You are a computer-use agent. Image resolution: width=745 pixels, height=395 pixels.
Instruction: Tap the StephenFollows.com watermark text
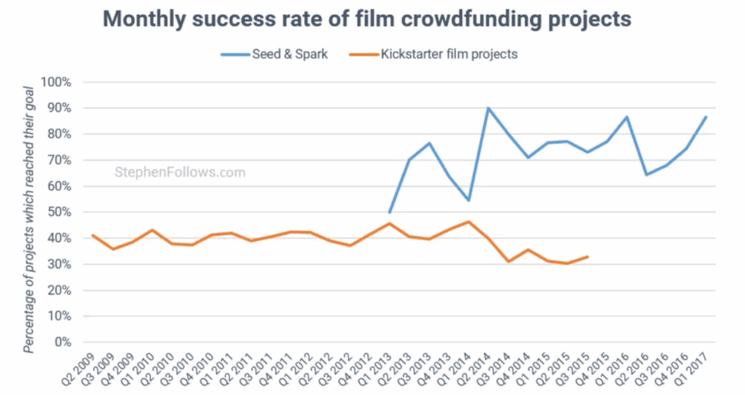pyautogui.click(x=180, y=172)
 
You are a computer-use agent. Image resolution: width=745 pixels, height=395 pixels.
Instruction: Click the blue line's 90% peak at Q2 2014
pyautogui.click(x=488, y=108)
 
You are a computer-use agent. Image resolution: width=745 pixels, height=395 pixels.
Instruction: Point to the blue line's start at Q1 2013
pyautogui.click(x=390, y=212)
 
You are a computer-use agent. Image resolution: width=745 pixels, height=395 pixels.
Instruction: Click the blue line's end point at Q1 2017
pyautogui.click(x=706, y=117)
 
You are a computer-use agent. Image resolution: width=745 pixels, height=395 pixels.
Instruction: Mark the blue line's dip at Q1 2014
pyautogui.click(x=469, y=200)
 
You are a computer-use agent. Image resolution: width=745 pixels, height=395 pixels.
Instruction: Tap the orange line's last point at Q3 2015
pyautogui.click(x=587, y=256)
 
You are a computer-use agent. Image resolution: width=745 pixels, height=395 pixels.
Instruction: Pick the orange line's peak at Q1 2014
pyautogui.click(x=469, y=222)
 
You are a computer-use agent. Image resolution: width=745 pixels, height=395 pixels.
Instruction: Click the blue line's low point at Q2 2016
pyautogui.click(x=646, y=175)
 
